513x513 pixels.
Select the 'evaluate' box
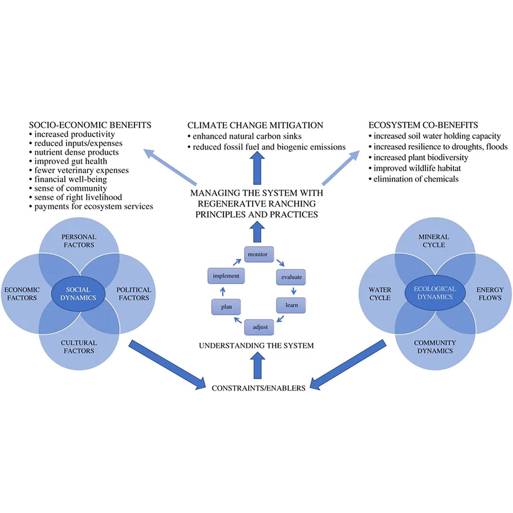291,277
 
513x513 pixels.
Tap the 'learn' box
291,305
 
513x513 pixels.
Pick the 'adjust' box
260,327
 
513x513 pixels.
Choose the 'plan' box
226,307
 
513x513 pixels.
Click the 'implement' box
226,276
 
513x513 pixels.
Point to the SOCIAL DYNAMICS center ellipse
78,294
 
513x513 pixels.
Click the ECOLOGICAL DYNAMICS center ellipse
435,293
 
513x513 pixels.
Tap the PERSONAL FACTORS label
79,241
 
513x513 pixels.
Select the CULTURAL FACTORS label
79,347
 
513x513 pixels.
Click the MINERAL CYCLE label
433,241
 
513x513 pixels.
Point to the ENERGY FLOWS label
490,294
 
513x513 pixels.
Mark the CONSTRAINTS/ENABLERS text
258,388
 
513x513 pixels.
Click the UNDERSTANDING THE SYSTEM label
256,345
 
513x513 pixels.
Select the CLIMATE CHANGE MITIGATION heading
255,125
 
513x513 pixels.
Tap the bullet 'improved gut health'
70,161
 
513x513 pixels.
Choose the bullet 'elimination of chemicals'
416,179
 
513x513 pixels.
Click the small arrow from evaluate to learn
294,291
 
